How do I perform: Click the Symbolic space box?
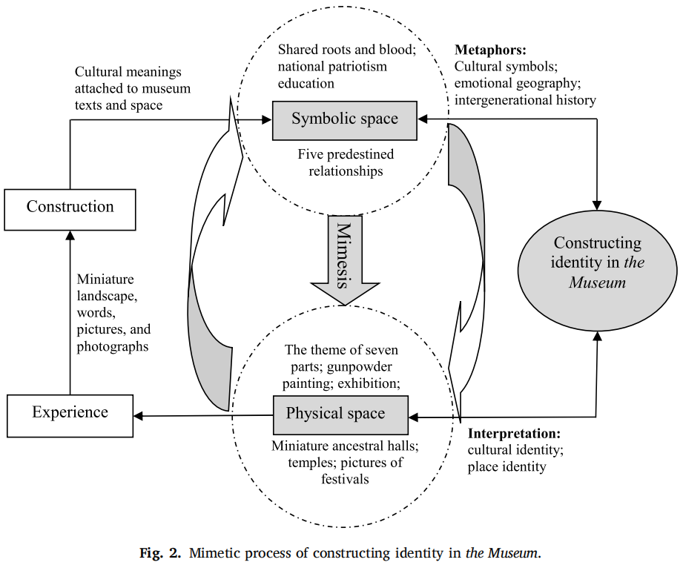[344, 119]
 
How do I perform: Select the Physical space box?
[340, 414]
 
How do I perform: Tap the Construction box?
[70, 207]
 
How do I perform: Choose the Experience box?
[70, 413]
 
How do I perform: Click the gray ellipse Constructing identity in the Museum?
[598, 263]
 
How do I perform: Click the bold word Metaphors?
[490, 50]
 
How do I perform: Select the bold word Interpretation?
[514, 433]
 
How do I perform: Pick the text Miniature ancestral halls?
[346, 446]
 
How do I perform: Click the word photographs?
[113, 346]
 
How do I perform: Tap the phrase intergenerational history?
[525, 99]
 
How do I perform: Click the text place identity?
[507, 466]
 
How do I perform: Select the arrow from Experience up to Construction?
[70, 311]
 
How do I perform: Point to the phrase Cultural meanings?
[128, 73]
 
